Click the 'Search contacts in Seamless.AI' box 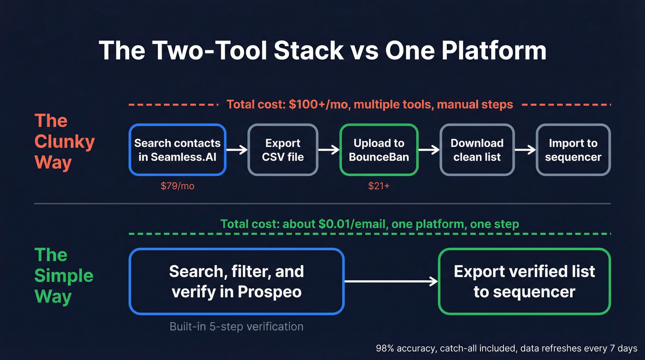pos(177,150)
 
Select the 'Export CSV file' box pos(283,150)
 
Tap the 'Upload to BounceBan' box pos(379,150)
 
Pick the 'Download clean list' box pos(477,150)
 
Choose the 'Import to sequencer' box pos(573,150)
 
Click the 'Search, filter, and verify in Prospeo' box pos(237,281)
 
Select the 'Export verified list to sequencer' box pos(524,281)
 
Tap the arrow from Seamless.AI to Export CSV pos(237,150)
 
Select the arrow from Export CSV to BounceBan pos(329,150)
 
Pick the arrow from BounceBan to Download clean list pos(429,150)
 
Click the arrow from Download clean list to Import pos(525,150)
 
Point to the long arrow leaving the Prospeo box pos(391,281)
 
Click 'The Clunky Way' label pos(64,142)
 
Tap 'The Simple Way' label pos(64,276)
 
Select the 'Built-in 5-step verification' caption pos(236,327)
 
